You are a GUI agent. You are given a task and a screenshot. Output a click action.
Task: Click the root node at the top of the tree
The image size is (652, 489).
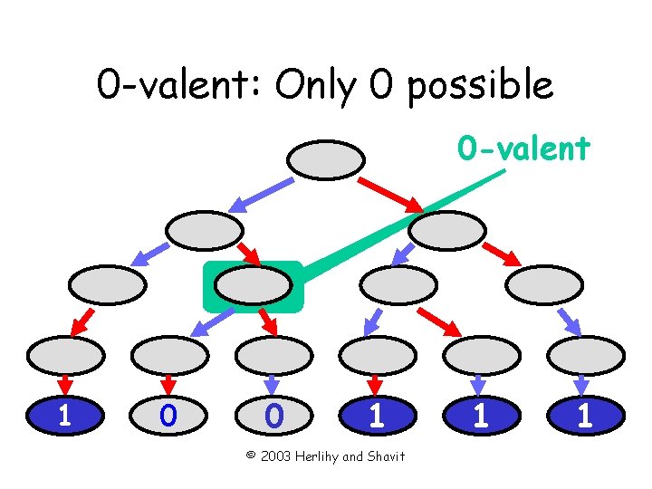325,159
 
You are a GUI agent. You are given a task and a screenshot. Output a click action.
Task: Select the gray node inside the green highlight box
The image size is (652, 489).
253,285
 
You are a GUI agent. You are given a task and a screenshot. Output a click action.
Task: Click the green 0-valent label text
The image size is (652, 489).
523,147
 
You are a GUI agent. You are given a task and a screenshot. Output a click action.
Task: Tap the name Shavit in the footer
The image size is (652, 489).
385,455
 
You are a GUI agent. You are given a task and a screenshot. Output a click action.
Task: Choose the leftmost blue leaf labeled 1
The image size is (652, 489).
64,415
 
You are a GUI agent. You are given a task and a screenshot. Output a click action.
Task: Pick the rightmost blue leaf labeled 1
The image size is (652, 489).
585,415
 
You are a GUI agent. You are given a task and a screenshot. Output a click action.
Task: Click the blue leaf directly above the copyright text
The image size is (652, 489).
376,415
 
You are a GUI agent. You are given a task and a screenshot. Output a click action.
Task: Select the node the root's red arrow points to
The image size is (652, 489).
454,230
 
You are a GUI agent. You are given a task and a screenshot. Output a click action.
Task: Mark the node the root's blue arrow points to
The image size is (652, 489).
206,230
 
